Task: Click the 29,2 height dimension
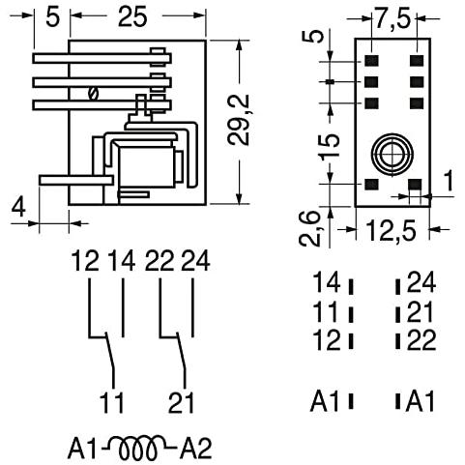point(239,120)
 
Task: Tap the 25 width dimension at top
point(132,16)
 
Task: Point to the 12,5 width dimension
point(392,230)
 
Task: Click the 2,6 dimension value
point(309,229)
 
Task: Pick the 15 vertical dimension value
point(329,147)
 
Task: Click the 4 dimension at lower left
point(18,208)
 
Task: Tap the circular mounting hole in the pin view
point(392,155)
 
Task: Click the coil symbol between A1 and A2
point(139,448)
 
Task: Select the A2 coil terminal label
point(195,449)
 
